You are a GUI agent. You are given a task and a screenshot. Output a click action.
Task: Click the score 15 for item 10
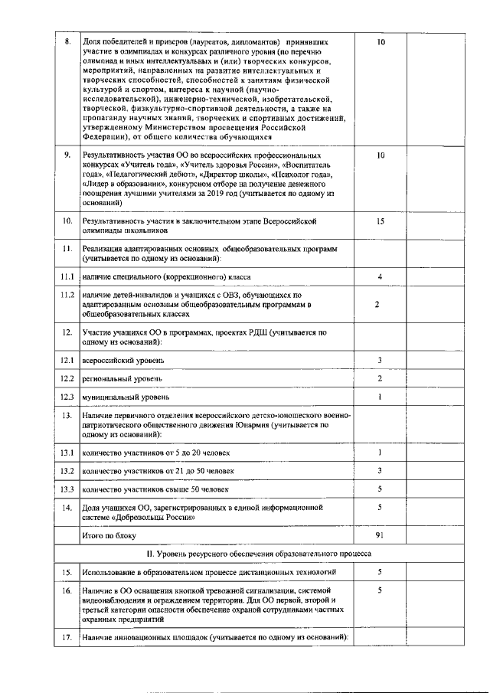pos(380,221)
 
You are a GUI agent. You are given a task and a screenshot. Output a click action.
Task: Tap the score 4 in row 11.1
pos(380,276)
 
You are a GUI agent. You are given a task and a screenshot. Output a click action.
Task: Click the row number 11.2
pos(67,295)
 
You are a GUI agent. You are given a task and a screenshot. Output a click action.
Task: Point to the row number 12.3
pos(67,397)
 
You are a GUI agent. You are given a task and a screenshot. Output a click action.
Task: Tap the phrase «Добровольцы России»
pos(146,517)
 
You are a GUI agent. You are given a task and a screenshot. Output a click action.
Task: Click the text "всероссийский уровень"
pos(122,360)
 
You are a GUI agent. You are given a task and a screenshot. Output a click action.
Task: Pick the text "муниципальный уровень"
pos(125,397)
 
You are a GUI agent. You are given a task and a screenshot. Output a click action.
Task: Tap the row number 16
pos(67,590)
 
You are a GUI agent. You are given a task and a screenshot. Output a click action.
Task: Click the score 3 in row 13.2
pos(380,470)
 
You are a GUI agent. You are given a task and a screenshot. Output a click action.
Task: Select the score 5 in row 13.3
pos(380,489)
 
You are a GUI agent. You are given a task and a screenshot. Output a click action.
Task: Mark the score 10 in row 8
pos(380,42)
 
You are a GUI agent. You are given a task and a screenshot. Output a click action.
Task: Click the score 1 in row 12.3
pos(380,397)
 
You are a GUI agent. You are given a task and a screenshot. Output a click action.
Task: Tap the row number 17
pos(67,637)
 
